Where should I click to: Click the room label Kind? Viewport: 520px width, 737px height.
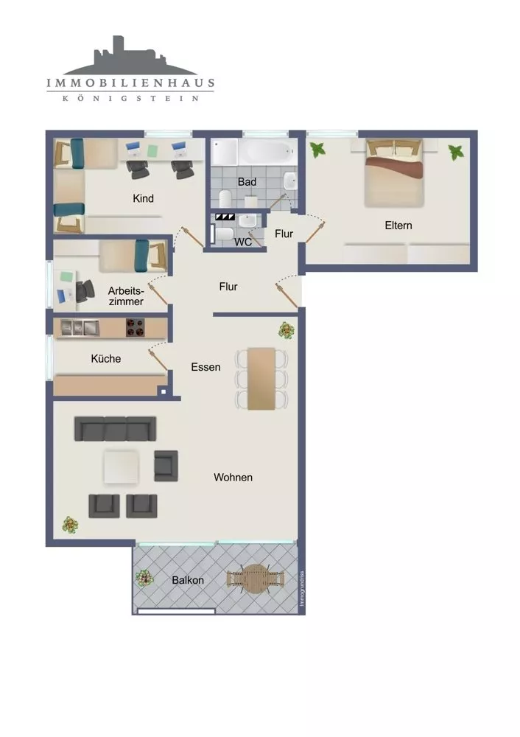point(143,198)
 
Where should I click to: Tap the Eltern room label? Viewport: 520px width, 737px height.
point(398,226)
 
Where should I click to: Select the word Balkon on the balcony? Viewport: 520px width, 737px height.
point(188,580)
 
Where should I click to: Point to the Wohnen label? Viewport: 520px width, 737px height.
point(233,478)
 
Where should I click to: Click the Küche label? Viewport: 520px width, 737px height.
point(105,359)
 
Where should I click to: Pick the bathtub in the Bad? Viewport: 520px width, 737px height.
point(268,151)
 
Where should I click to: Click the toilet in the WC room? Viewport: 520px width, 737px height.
point(224,234)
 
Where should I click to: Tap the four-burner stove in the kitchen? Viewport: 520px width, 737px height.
point(136,328)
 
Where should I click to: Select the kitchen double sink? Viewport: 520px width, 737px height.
point(80,328)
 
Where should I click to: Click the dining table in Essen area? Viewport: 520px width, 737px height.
point(261,378)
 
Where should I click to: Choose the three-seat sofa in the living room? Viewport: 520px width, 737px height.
point(115,428)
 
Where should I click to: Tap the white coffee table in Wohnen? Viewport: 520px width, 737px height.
point(122,467)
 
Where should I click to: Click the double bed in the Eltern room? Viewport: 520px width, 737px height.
point(395,172)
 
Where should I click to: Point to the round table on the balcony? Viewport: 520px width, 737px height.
point(255,579)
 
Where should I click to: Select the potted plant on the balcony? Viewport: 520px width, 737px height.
point(144,577)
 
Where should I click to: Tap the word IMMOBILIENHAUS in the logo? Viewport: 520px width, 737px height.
point(130,84)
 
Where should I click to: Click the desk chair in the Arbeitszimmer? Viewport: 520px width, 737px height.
point(85,290)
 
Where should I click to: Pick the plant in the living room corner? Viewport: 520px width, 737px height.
point(70,525)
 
